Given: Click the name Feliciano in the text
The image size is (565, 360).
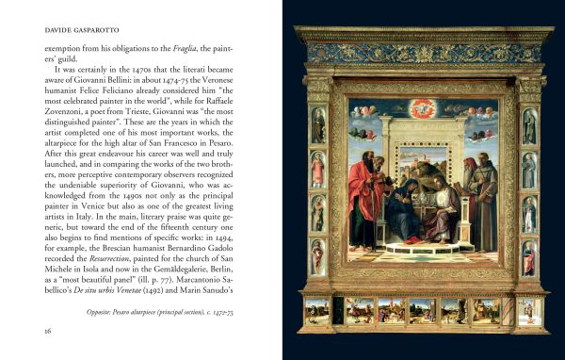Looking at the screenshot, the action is [x=118, y=90].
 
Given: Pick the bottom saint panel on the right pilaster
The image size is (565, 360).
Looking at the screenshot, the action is [x=530, y=257].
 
